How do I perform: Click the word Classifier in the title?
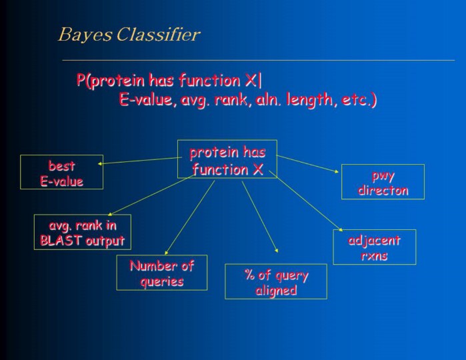coord(158,35)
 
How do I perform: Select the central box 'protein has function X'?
coord(227,159)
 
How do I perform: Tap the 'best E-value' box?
coord(62,172)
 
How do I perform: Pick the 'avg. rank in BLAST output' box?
coord(83,232)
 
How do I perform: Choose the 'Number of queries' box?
coord(161,273)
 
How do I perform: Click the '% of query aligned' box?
coord(276,281)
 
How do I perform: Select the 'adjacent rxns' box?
coord(374,247)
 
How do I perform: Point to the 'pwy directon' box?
coord(383,181)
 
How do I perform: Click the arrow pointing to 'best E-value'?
coord(140,159)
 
